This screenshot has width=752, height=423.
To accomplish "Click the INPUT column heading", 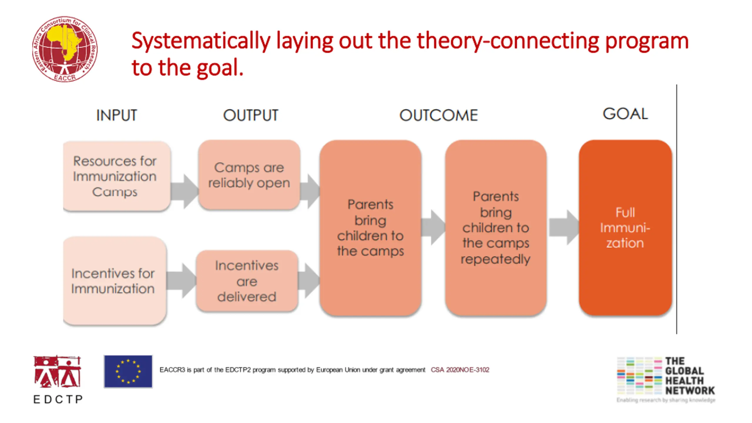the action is (117, 115).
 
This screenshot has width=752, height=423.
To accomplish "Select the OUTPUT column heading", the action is (251, 115).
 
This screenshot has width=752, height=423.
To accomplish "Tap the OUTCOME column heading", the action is (439, 115).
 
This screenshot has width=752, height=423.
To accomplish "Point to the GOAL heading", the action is (625, 114).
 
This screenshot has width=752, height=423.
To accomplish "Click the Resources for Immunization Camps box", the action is (117, 176).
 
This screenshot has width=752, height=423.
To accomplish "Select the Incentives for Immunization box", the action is (115, 281).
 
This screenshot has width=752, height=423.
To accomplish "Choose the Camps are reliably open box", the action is (249, 175).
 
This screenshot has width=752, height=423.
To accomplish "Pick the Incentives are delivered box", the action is (247, 281).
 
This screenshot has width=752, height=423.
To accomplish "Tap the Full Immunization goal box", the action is (625, 228).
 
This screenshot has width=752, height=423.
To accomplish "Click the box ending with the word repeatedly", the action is (496, 228).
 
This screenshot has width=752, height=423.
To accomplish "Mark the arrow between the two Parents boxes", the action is (433, 227).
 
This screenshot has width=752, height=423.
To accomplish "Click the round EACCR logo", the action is (65, 49).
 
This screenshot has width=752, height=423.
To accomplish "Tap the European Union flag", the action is (128, 372).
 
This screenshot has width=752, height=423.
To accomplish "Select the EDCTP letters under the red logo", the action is (58, 399).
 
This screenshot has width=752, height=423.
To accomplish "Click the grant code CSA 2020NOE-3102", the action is (460, 370).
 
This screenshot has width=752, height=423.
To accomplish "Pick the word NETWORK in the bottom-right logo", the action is (690, 391).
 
